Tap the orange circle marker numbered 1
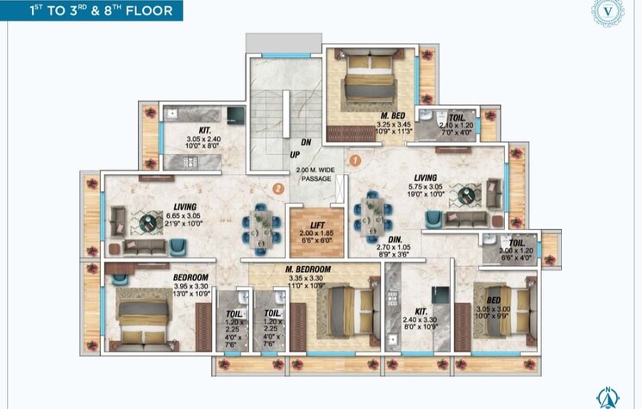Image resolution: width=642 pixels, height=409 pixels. coord(354,159)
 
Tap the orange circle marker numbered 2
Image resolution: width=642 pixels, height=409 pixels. coord(277,188)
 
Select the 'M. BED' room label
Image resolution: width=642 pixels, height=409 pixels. coord(395,115)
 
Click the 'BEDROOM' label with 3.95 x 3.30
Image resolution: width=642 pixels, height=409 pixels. coord(190,277)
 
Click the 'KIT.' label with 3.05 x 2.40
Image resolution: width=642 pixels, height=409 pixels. coord(205,130)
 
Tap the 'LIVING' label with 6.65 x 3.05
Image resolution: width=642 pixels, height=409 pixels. coord(184,207)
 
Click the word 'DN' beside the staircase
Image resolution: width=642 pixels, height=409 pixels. coord(305,144)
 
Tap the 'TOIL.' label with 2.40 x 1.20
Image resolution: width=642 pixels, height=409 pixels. coord(457,115)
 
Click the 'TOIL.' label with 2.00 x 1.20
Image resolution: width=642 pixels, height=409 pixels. coord(518,244)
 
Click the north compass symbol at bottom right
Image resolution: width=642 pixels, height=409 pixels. coord(609,398)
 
